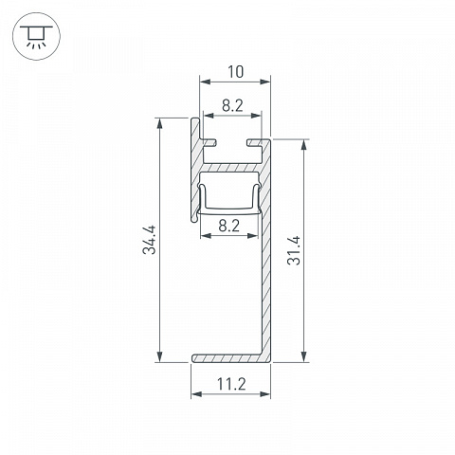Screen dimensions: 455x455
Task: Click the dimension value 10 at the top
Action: tap(236, 72)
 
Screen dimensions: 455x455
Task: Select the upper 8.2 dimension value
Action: tap(232, 105)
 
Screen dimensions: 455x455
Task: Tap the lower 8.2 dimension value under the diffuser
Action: tap(229, 226)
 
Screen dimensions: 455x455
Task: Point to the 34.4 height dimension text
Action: tap(149, 240)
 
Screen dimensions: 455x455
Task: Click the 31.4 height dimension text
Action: tap(294, 250)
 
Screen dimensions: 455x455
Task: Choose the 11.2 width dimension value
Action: tap(231, 385)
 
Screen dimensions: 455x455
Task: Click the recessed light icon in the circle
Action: tap(36, 36)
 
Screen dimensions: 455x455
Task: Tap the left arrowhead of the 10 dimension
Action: tap(206, 82)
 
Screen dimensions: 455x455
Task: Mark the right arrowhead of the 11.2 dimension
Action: tap(264, 394)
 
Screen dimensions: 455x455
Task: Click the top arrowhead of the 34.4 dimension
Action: tap(160, 123)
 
